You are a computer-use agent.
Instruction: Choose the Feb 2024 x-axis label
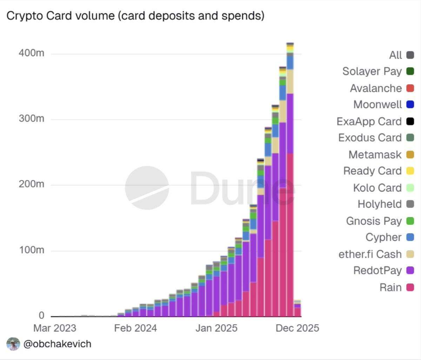pyautogui.click(x=136, y=328)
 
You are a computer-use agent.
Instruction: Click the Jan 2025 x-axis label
pyautogui.click(x=217, y=328)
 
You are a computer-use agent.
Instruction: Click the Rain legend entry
pyautogui.click(x=391, y=288)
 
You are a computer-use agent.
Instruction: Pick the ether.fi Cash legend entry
pyautogui.click(x=370, y=254)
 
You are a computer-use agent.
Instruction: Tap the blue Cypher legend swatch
pyautogui.click(x=410, y=238)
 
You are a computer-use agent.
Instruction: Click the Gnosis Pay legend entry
pyautogui.click(x=374, y=221)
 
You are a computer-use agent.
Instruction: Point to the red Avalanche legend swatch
pyautogui.click(x=410, y=89)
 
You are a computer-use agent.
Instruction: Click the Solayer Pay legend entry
pyautogui.click(x=372, y=72)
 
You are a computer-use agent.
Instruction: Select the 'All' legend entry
pyautogui.click(x=396, y=55)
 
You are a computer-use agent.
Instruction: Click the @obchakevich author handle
pyautogui.click(x=57, y=344)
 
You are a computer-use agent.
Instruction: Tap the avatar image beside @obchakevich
pyautogui.click(x=13, y=344)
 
